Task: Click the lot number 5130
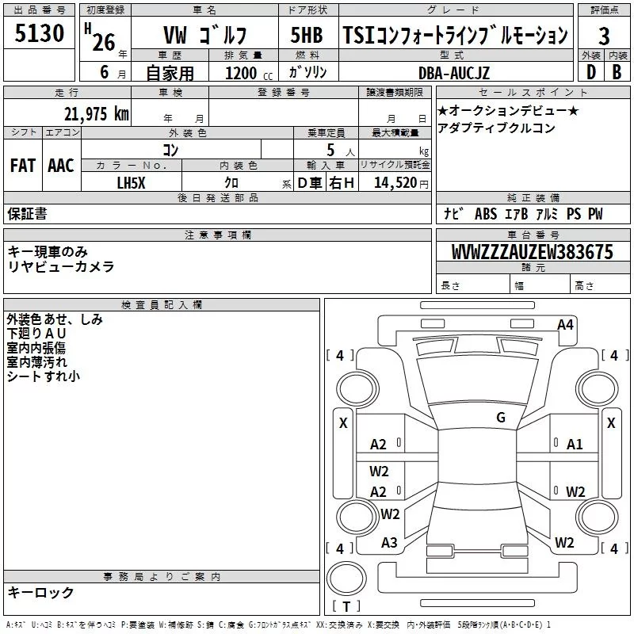click(x=39, y=32)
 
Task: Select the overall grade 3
click(x=604, y=36)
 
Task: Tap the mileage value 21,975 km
click(x=96, y=114)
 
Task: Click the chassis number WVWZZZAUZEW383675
click(x=532, y=252)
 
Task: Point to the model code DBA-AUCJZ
click(x=453, y=73)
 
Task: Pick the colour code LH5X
click(x=131, y=183)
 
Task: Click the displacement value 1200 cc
click(x=249, y=73)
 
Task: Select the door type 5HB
click(x=307, y=35)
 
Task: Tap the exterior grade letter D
click(x=590, y=72)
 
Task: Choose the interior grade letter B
click(x=617, y=72)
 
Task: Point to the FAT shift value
click(x=23, y=166)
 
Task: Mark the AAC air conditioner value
click(x=61, y=166)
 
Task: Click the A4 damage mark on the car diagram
click(x=565, y=325)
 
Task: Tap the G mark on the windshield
click(x=501, y=418)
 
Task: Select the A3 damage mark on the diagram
click(x=389, y=542)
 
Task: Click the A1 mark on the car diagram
click(x=574, y=445)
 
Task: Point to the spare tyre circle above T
click(x=346, y=579)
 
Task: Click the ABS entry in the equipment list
click(x=486, y=213)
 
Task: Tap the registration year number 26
click(x=104, y=42)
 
